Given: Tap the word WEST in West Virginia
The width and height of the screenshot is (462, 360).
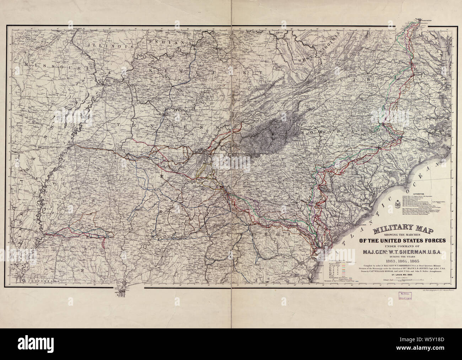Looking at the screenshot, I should click(307, 59).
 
